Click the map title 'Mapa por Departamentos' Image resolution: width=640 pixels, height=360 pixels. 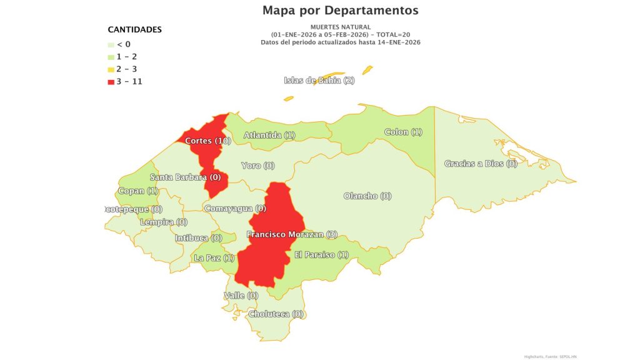(x=340, y=11)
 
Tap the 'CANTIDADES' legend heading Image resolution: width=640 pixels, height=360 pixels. (x=135, y=29)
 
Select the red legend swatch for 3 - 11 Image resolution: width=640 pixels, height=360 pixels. (x=111, y=82)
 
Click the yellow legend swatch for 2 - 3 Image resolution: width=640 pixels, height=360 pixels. (x=111, y=69)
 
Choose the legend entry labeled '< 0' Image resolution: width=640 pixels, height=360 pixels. (x=123, y=44)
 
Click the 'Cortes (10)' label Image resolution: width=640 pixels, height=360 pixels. (x=208, y=141)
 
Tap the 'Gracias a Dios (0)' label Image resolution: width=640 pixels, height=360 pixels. (x=481, y=164)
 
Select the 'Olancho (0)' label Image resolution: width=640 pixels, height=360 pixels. (x=367, y=196)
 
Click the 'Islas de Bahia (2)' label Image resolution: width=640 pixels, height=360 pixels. (x=319, y=81)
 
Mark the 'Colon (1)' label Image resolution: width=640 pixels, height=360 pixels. (x=404, y=132)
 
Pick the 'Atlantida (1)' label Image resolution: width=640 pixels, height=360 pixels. (x=269, y=135)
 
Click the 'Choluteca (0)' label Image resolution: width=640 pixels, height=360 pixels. (x=276, y=314)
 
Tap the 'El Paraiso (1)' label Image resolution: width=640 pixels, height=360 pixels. (x=322, y=254)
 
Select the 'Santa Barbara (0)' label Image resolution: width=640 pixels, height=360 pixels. (x=186, y=177)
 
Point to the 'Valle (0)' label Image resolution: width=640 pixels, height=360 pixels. (x=241, y=295)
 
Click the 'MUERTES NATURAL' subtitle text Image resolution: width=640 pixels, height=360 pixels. (x=340, y=27)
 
